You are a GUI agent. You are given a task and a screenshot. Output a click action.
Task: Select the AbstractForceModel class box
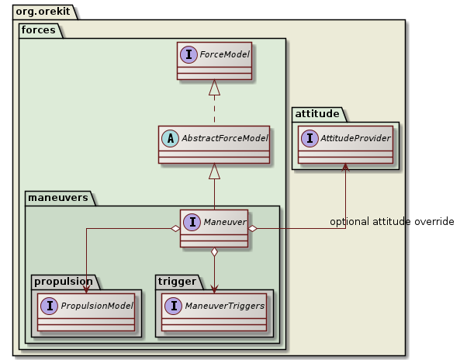tap(214, 144)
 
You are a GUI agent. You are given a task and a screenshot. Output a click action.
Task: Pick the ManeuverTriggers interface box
tap(215, 311)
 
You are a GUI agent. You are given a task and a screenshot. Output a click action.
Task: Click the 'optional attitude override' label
tap(392, 222)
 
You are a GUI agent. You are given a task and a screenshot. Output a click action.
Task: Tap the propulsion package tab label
tap(62, 280)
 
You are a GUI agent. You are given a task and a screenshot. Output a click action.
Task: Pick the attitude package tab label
tap(318, 113)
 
